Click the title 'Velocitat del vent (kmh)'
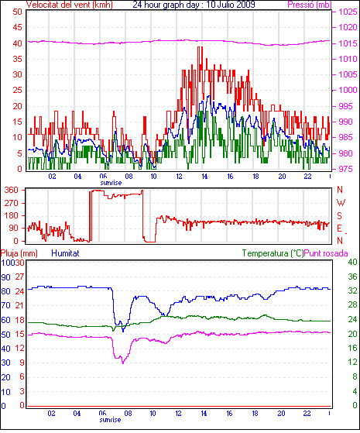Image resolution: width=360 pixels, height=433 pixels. [x=70, y=5]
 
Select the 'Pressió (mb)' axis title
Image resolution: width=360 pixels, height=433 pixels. [x=310, y=5]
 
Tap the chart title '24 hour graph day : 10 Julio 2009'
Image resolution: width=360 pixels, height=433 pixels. [x=194, y=5]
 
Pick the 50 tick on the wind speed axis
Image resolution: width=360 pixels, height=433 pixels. [x=17, y=12]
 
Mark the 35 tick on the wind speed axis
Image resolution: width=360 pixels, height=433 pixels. [x=17, y=59]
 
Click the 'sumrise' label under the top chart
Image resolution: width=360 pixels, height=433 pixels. [x=111, y=183]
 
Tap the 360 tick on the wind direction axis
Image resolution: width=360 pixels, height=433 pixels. [x=12, y=190]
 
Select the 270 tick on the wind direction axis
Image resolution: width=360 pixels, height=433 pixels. [x=12, y=203]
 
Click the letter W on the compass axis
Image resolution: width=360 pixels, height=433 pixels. [x=341, y=203]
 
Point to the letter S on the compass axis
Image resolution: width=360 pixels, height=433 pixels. [x=340, y=215]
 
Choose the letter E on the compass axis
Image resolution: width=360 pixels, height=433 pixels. [x=339, y=228]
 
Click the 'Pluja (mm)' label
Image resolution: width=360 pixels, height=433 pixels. [x=19, y=253]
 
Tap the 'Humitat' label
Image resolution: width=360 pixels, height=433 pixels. [x=65, y=253]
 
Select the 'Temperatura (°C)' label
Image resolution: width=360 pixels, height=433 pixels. [x=273, y=253]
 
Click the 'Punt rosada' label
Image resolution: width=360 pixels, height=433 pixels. [x=326, y=253]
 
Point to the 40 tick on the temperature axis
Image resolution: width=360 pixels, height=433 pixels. [x=352, y=262]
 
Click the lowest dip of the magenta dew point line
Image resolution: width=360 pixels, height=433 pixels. [x=123, y=363]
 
